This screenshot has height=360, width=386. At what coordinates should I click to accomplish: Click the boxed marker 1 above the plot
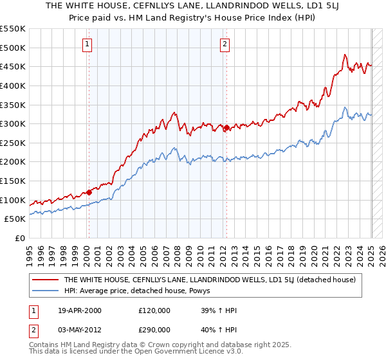87,44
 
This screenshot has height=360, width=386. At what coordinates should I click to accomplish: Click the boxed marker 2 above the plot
225,44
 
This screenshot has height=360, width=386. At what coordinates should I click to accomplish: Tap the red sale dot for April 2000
89,192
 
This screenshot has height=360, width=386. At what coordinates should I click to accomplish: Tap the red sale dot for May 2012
227,127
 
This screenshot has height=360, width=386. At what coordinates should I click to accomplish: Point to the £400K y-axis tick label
14,85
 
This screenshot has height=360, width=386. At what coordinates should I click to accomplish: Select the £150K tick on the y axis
14,181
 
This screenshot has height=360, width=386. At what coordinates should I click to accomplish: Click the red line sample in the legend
46,280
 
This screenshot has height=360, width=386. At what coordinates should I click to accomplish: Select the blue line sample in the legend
46,291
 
